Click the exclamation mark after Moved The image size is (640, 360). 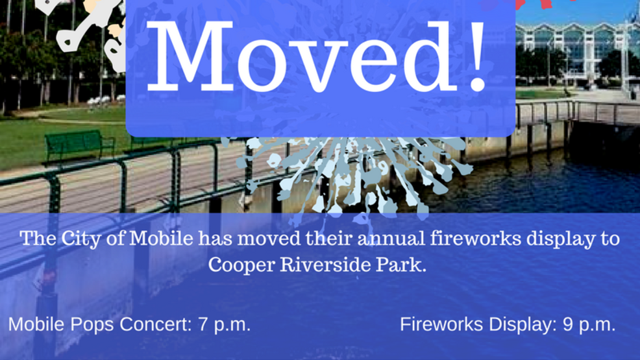click(x=476, y=56)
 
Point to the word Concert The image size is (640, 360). click(x=156, y=325)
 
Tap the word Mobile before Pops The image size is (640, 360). click(x=37, y=325)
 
